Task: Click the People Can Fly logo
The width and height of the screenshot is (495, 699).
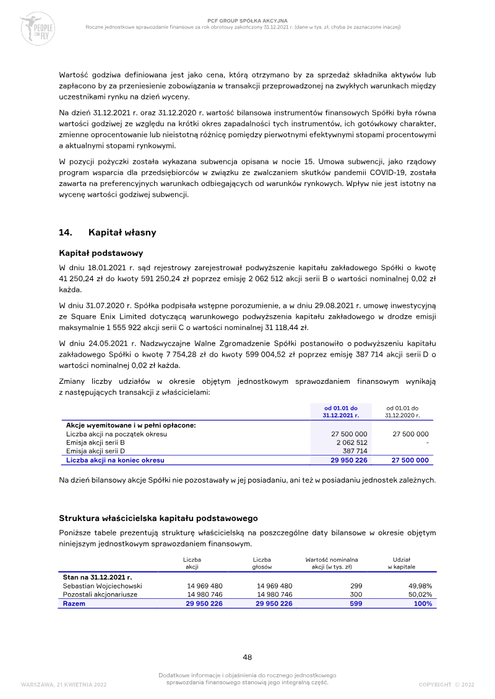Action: point(38,28)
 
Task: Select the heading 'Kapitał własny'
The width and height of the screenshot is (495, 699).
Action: point(122,233)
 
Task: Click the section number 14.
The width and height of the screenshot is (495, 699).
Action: point(66,233)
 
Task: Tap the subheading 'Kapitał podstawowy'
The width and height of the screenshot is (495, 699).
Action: point(101,253)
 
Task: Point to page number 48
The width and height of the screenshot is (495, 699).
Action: point(247,657)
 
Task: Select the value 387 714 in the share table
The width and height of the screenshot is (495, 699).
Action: point(355,451)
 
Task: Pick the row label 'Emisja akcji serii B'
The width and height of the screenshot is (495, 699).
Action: point(95,443)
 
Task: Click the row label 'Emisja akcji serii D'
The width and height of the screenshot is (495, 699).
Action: point(95,451)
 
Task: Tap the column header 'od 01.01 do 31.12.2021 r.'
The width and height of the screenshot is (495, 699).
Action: point(340,412)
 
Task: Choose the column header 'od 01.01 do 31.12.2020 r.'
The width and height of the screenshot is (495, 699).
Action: point(402,412)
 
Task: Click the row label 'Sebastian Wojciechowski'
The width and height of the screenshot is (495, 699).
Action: point(103,585)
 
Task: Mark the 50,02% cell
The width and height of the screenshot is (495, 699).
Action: point(420,595)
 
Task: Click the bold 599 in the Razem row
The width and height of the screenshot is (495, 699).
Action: point(356,604)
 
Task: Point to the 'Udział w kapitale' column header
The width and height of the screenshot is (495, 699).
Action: point(402,563)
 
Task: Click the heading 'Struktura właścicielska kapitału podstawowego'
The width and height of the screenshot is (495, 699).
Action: point(158,518)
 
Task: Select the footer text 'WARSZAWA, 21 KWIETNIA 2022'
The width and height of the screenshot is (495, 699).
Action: point(64,684)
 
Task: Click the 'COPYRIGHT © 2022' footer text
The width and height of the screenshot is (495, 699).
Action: point(446,684)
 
